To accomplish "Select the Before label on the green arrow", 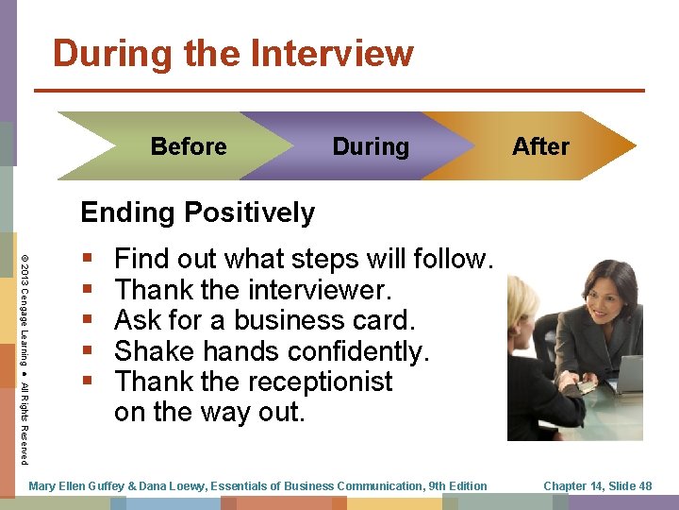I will [x=189, y=146].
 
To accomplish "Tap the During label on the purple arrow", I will [x=371, y=146].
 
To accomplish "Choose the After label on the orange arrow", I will [x=540, y=146].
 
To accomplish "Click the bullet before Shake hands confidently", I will [x=88, y=351].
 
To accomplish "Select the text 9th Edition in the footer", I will [x=456, y=486].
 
